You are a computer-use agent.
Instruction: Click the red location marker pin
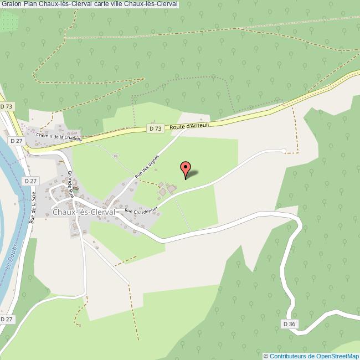pos(186,168)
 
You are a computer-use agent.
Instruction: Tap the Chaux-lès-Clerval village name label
pos(83,212)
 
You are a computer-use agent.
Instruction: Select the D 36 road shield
pos(289,323)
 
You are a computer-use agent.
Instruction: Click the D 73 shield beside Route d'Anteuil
pos(156,128)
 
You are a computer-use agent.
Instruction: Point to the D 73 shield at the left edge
pos(7,106)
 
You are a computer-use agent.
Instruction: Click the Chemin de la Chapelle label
pos(59,137)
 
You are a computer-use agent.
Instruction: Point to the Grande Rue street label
pos(70,184)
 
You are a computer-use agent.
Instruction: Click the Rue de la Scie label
pos(34,205)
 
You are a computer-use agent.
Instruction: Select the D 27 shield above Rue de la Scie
pos(30,181)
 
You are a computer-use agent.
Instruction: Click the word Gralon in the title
pos(11,4)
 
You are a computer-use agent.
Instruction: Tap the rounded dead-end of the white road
pos(284,151)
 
